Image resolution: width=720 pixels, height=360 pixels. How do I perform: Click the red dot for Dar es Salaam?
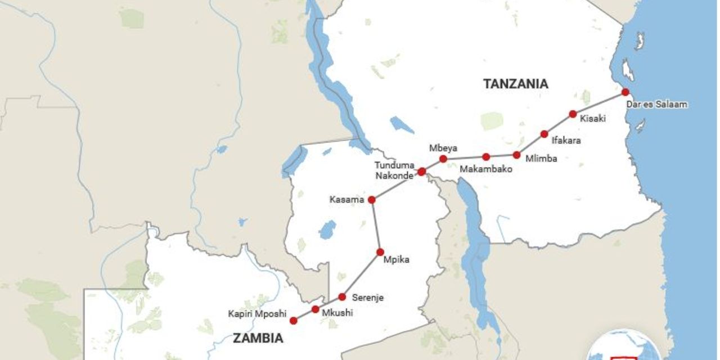625,92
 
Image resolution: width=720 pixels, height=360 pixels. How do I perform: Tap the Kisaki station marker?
573,114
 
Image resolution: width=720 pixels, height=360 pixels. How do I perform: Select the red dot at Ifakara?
544,134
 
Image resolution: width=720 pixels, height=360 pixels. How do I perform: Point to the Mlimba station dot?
516,154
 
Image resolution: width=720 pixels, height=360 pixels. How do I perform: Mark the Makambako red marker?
486,157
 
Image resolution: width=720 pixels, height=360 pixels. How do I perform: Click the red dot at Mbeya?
443,159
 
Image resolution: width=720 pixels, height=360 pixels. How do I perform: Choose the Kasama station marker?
371,200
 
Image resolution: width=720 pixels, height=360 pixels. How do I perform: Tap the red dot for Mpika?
380,252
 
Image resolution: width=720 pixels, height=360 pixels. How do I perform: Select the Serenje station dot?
342,296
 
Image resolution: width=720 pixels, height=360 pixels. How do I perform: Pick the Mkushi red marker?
315,309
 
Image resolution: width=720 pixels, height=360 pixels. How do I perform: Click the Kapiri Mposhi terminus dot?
293,321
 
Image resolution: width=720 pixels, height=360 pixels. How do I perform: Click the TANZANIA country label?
515,84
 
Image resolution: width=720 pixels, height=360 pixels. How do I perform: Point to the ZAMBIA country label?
258,338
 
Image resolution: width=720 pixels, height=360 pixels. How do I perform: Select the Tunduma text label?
395,165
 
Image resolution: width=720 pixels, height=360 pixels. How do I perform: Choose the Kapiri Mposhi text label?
257,313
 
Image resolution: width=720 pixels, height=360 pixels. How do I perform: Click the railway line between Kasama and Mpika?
375,226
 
